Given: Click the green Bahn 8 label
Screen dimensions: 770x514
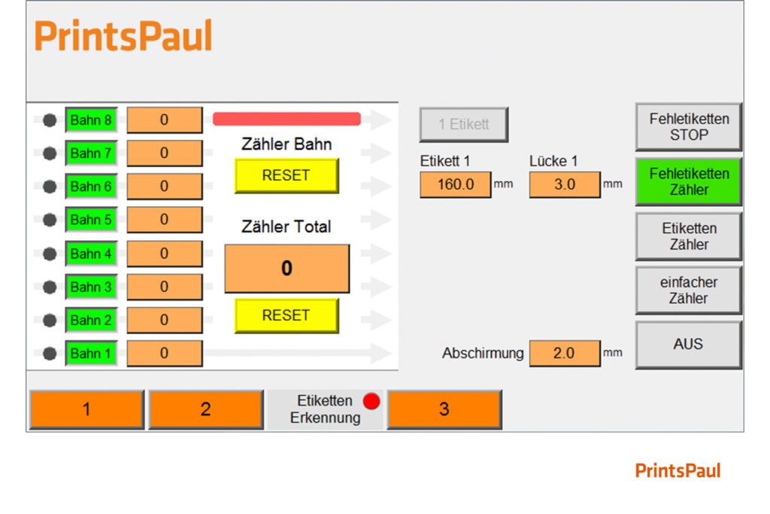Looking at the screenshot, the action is point(91,120).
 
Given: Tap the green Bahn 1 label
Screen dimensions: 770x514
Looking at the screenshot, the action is point(91,353).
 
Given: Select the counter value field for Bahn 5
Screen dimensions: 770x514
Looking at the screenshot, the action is point(165,220).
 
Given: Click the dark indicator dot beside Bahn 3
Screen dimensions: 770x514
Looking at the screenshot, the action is point(50,287).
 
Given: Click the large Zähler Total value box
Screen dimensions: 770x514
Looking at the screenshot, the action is point(286,269).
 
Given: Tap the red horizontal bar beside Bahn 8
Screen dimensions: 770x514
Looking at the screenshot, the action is point(286,119).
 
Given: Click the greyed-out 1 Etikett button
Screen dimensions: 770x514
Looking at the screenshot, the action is point(463,124).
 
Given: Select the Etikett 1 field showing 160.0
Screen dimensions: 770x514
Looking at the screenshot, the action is point(455,185).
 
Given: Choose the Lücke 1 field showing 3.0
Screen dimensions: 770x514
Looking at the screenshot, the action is point(565,185).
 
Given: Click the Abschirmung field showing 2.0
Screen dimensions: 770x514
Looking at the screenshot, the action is point(565,353).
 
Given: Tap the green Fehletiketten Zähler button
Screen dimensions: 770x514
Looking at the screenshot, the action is point(689,182).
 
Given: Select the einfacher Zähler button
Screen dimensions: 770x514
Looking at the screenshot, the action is point(689,290).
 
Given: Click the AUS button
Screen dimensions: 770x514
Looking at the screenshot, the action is point(689,345).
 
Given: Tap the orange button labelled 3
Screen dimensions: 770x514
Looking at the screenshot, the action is point(444,409).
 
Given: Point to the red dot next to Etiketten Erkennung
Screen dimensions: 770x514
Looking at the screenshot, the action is point(371,401).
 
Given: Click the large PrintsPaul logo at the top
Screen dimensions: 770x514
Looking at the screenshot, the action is point(123,36).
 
